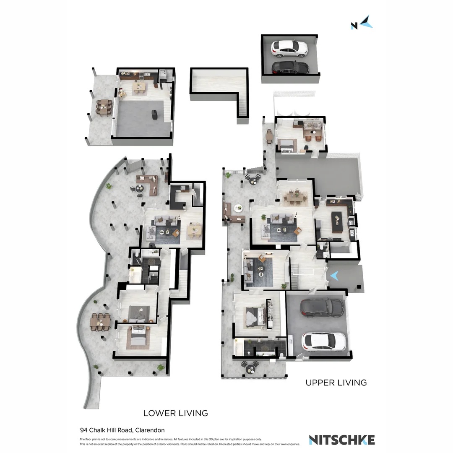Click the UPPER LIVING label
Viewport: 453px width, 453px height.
click(x=336, y=383)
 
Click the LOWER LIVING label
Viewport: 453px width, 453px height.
click(x=175, y=413)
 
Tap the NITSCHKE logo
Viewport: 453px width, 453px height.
click(x=341, y=440)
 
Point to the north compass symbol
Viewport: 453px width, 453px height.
click(x=362, y=23)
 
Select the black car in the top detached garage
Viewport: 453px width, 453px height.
click(x=290, y=67)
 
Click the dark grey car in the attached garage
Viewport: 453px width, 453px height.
click(x=322, y=308)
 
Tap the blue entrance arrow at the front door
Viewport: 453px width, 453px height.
click(x=335, y=276)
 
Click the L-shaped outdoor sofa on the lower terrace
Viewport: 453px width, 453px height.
click(x=148, y=185)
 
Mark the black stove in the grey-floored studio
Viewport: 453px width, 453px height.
click(x=154, y=114)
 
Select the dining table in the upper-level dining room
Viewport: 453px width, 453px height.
click(x=297, y=196)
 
